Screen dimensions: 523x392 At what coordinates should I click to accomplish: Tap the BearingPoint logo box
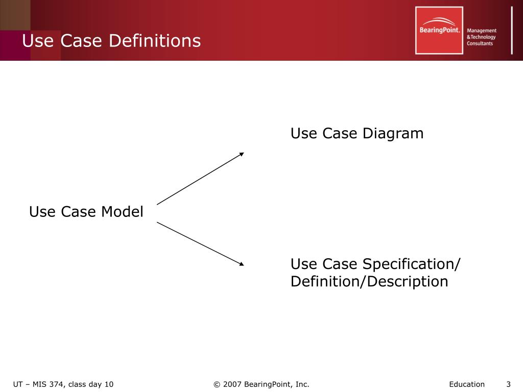pyautogui.click(x=439, y=30)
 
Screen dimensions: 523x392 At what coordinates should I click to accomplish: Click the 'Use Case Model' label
pyautogui.click(x=86, y=211)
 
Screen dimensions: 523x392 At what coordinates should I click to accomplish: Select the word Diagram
pyautogui.click(x=393, y=134)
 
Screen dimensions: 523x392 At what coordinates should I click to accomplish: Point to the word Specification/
pyautogui.click(x=412, y=264)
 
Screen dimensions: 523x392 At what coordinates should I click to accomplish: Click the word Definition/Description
pyautogui.click(x=369, y=281)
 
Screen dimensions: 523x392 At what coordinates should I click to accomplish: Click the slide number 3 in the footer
pyautogui.click(x=508, y=384)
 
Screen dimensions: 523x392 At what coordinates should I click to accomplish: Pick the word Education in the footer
pyautogui.click(x=467, y=384)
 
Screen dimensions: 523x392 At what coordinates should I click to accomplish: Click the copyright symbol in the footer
pyautogui.click(x=217, y=384)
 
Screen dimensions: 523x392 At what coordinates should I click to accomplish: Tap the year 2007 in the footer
pyautogui.click(x=232, y=384)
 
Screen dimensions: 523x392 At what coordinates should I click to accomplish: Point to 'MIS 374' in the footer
pyautogui.click(x=48, y=384)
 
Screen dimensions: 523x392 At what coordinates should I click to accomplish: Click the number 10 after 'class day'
pyautogui.click(x=109, y=384)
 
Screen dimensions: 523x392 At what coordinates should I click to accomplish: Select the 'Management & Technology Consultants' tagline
pyautogui.click(x=482, y=37)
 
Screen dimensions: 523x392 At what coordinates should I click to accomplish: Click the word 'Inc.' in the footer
pyautogui.click(x=302, y=384)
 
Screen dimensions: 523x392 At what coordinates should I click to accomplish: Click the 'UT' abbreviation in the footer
pyautogui.click(x=18, y=384)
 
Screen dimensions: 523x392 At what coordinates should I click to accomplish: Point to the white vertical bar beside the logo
pyautogui.click(x=512, y=30)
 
